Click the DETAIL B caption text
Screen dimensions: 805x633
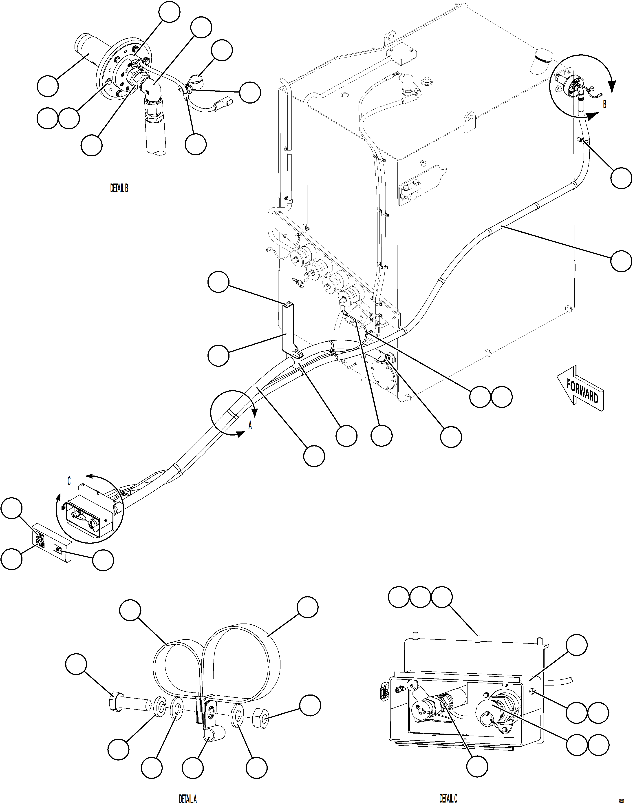click(x=119, y=188)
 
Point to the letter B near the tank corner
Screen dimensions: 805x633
click(x=604, y=104)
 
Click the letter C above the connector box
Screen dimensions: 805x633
click(x=69, y=481)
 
